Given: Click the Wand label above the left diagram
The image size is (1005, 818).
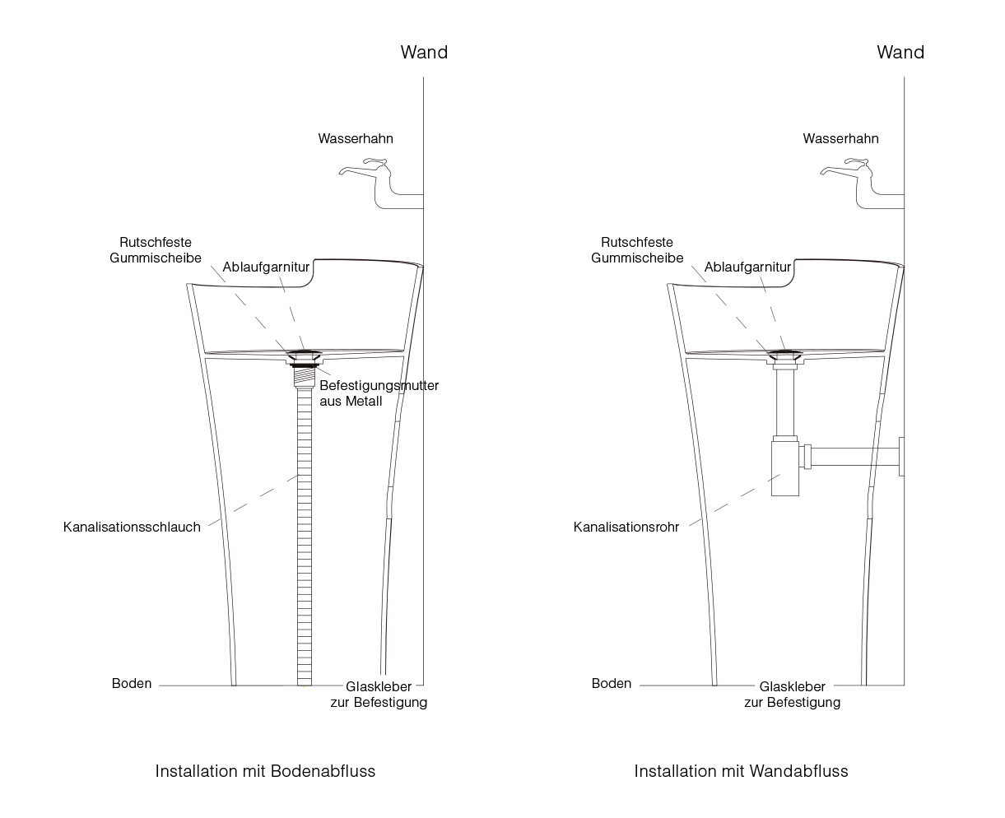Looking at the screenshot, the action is [424, 53].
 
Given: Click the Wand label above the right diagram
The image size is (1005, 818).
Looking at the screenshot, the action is [900, 53].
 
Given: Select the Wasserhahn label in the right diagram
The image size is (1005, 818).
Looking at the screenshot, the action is [840, 139].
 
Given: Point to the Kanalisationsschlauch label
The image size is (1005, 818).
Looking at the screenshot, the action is [132, 527].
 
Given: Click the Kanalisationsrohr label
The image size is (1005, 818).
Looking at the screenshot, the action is [626, 527].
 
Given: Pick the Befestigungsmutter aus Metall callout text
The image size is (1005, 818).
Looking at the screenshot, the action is [379, 393].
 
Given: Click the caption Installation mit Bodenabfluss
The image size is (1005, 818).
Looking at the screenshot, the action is [265, 771].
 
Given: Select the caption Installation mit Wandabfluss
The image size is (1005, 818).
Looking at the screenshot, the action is [741, 771].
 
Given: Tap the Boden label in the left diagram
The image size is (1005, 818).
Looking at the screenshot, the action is [132, 684].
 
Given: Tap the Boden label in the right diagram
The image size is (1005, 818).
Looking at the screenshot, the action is [611, 684].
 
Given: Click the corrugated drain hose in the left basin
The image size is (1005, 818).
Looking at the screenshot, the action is [305, 537].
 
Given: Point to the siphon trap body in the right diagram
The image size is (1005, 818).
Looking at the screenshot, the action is [784, 468].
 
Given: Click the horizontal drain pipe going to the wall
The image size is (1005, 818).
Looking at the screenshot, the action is [854, 457].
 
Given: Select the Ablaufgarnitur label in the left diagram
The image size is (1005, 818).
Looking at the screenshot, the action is [266, 267].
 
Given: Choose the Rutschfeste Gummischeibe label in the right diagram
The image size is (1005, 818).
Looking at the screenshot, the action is [637, 250].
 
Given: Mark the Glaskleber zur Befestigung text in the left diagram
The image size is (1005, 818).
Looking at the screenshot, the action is [379, 695].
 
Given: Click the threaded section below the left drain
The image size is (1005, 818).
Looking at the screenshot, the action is [305, 378].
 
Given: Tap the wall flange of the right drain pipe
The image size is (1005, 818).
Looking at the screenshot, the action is [901, 457].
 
